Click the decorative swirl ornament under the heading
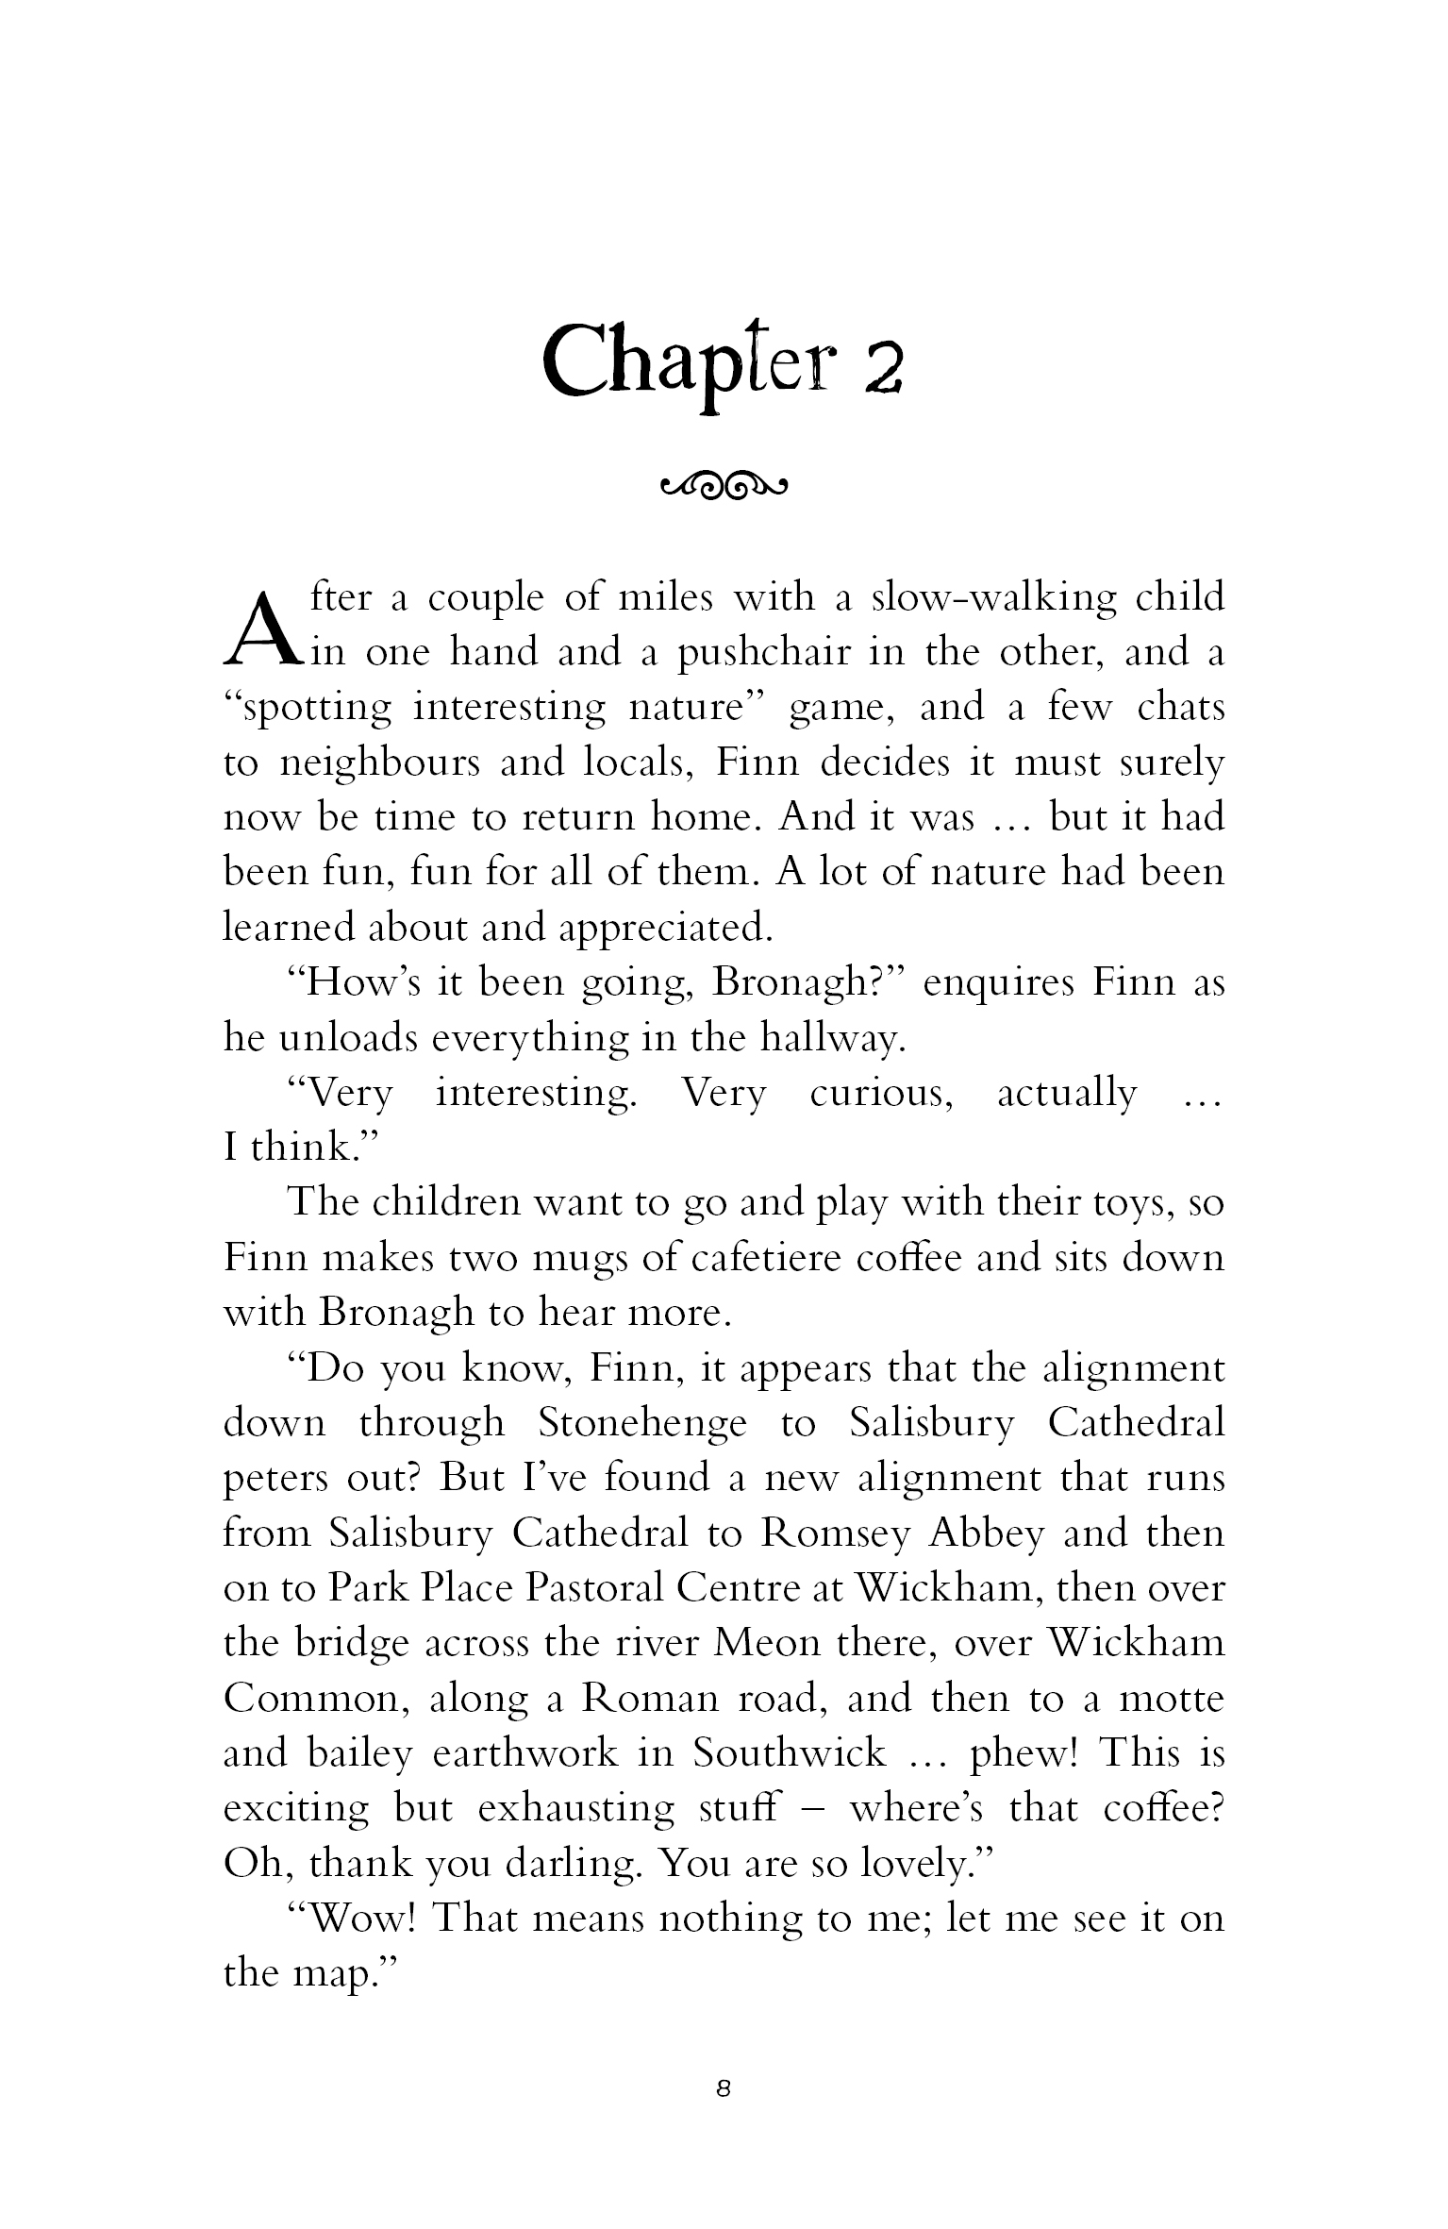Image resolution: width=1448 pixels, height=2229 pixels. click(x=724, y=487)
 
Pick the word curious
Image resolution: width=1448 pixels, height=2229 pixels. click(x=881, y=1093)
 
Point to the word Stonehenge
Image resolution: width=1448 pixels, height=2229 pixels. click(x=641, y=1422)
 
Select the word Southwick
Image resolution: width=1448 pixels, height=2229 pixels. click(x=789, y=1752)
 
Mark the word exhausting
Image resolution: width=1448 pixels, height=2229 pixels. click(x=574, y=1808)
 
